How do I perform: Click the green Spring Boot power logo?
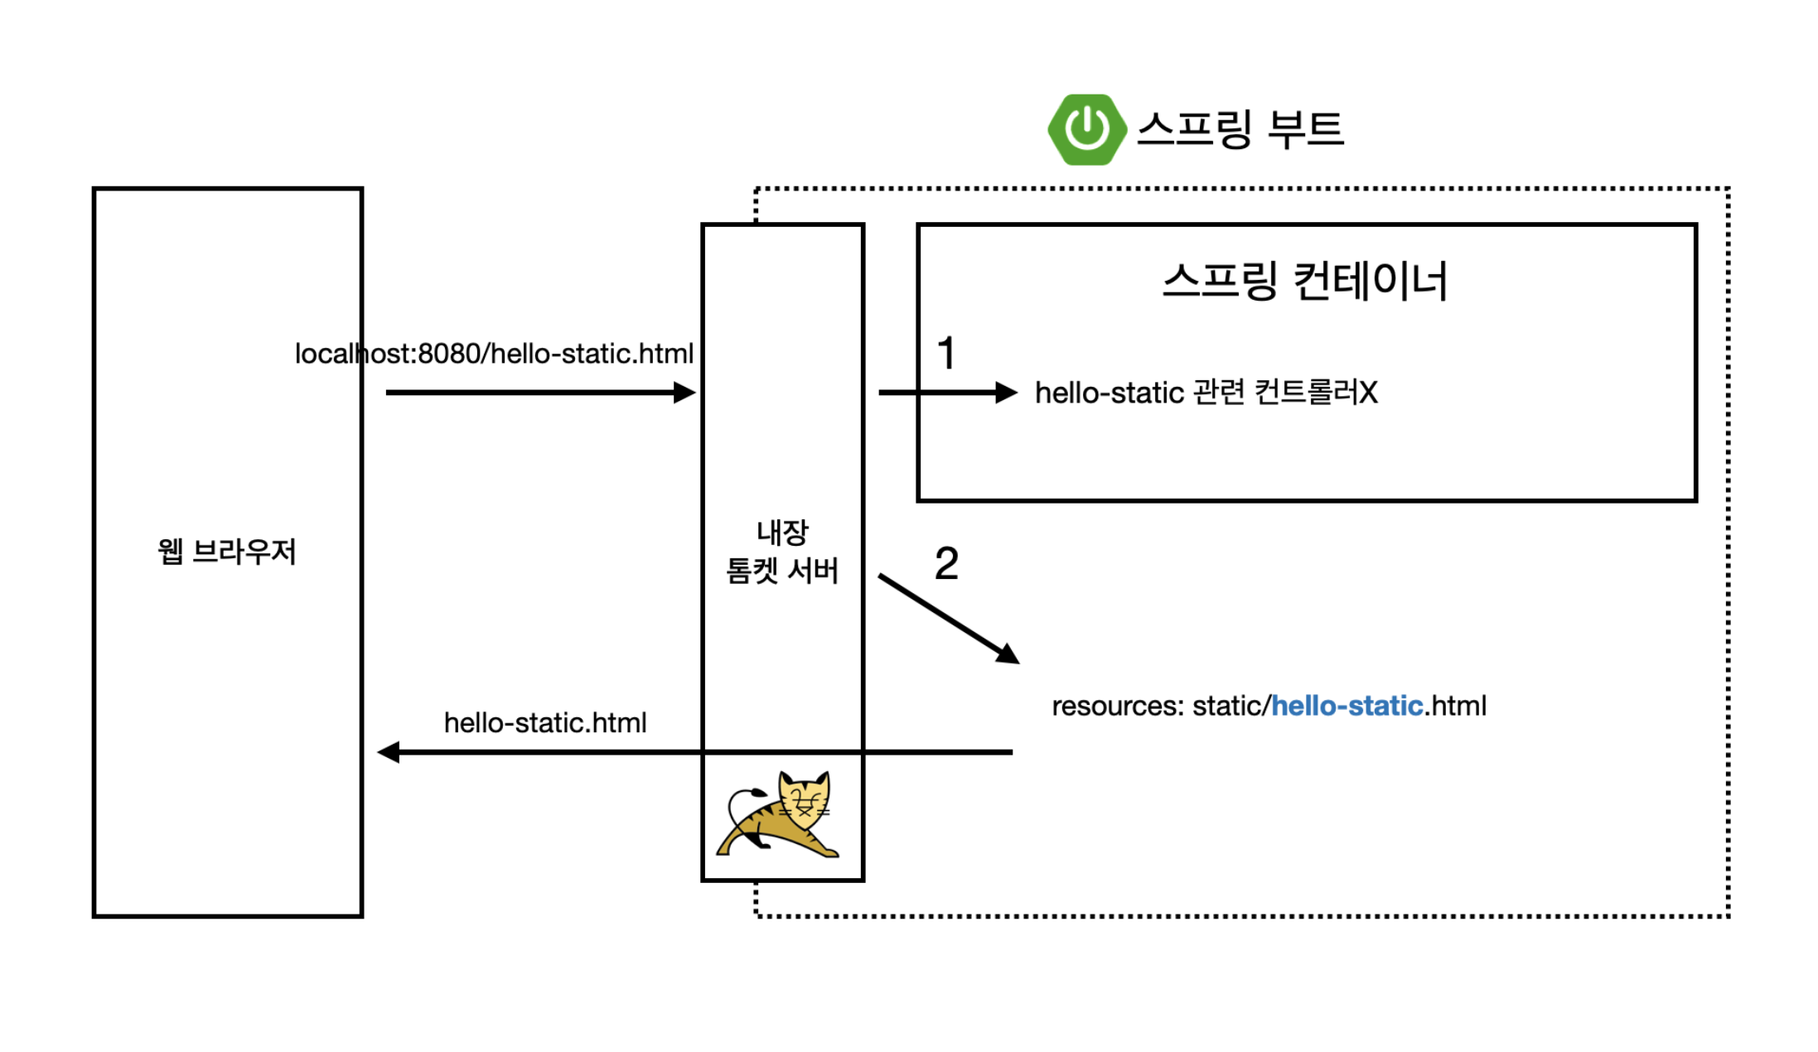click(1086, 129)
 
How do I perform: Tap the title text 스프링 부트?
click(1240, 129)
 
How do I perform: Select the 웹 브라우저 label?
click(226, 552)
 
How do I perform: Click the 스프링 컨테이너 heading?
click(1305, 281)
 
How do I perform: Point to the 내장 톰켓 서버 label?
click(782, 552)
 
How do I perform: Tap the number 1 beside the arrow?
click(946, 354)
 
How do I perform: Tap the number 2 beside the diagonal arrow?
click(946, 564)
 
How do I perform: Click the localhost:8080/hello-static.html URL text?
click(494, 354)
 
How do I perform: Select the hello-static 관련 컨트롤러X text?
click(1206, 393)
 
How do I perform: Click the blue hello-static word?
click(1347, 706)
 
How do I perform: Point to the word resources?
click(1117, 706)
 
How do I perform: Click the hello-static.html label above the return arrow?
click(545, 723)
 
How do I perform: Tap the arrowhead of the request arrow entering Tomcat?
click(685, 393)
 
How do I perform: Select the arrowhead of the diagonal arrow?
click(1008, 654)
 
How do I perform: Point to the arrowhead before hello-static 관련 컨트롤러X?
click(1006, 393)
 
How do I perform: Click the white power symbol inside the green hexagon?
click(1086, 128)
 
